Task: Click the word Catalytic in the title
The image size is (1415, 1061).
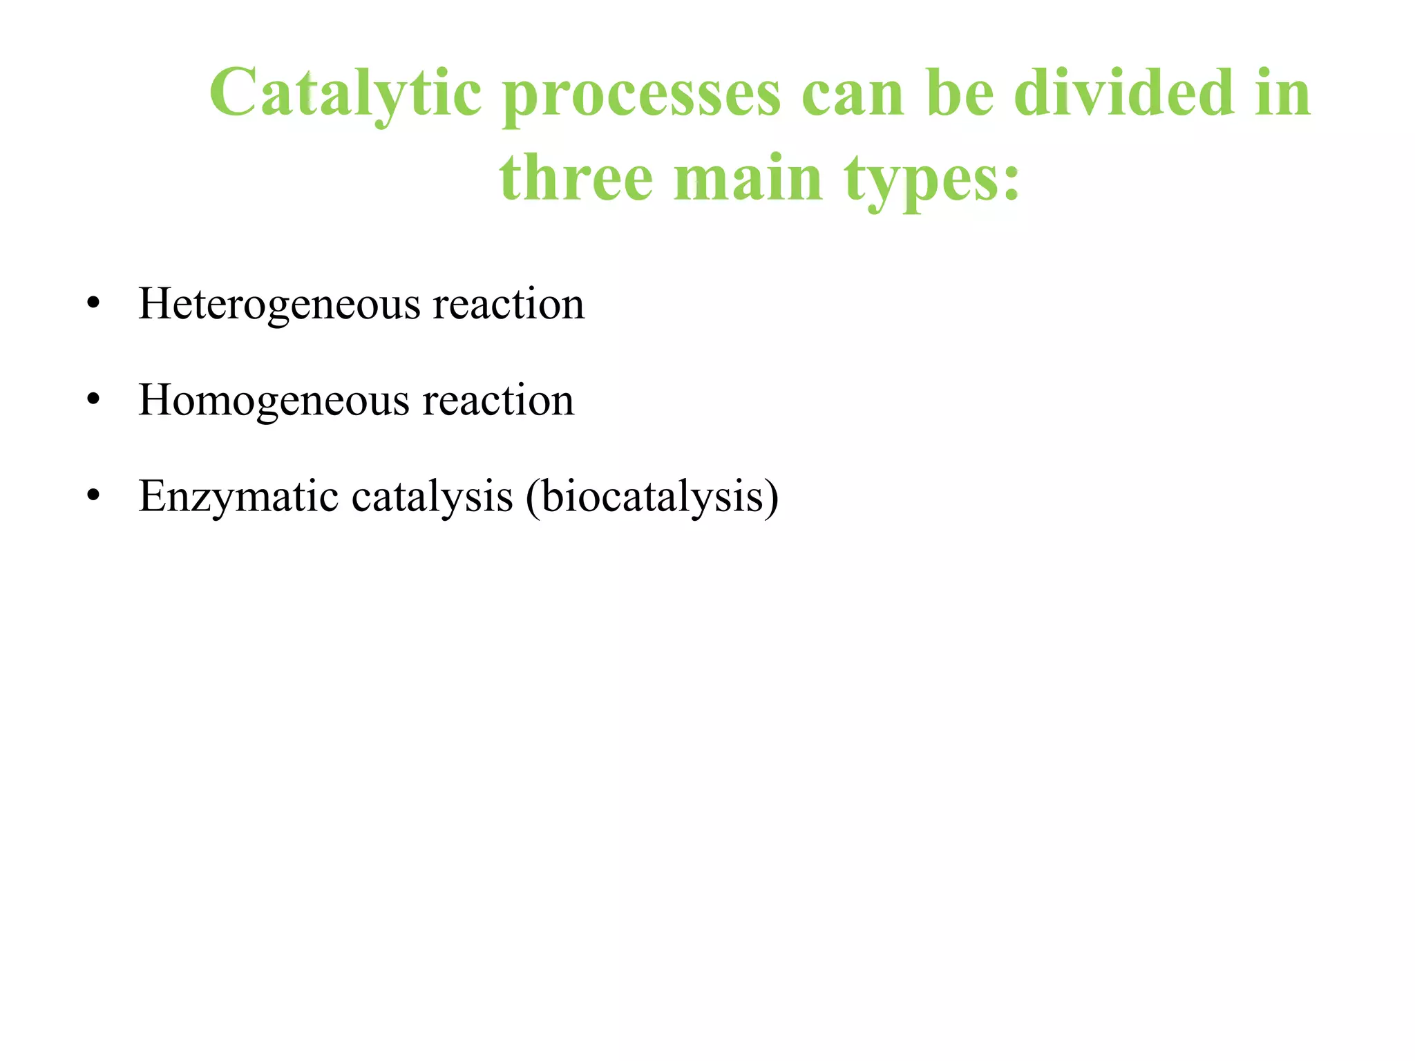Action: point(345,93)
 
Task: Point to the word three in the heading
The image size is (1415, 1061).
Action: point(576,178)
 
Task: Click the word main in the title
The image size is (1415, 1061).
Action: point(748,178)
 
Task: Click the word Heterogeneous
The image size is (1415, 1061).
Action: point(278,304)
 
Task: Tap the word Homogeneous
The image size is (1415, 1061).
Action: point(274,401)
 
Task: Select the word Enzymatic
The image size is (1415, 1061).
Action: point(238,497)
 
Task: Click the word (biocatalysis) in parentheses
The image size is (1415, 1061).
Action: point(652,497)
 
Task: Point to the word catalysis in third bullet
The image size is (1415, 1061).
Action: point(432,497)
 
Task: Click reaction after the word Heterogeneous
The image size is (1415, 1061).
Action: point(509,304)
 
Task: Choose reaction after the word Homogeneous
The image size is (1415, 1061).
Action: point(498,401)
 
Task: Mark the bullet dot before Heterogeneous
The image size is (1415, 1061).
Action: point(94,304)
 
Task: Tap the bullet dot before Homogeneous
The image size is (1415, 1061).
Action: point(94,401)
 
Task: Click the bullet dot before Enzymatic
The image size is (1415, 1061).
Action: point(94,497)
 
